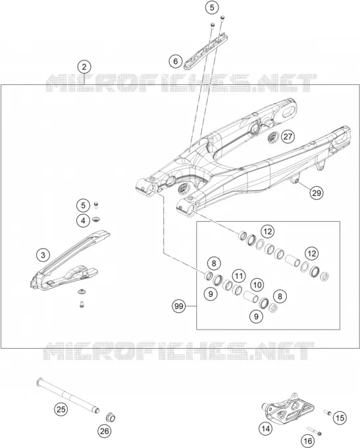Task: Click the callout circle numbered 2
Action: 84,67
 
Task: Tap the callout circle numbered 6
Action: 175,61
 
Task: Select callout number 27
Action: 288,137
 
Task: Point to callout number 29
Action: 317,193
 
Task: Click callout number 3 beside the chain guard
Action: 43,255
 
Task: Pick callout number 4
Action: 83,221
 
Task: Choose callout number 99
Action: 179,307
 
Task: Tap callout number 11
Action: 239,276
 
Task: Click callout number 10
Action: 257,285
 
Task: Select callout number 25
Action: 61,409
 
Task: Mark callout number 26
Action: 105,431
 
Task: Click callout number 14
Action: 266,428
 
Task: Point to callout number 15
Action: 340,418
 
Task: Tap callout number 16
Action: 308,441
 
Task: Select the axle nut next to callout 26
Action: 111,417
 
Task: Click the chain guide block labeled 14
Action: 288,407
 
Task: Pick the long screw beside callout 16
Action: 315,432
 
